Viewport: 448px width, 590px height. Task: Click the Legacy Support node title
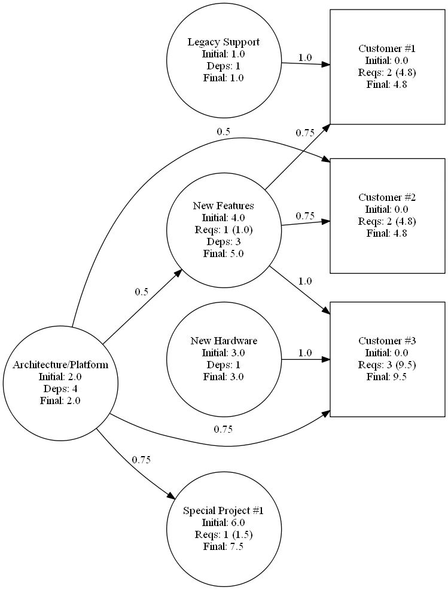224,42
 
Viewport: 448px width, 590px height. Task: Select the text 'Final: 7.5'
224,546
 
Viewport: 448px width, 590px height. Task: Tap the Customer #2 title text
387,197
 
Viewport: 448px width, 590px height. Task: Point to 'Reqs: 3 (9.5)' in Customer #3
387,365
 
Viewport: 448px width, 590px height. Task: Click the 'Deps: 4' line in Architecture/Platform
60,389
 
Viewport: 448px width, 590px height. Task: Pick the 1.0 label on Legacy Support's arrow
305,57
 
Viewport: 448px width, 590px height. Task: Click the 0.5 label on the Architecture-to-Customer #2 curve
223,132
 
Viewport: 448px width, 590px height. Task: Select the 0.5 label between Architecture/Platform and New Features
142,292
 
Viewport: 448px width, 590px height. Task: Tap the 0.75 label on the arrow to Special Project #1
141,460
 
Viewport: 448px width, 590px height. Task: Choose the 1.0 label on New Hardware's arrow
305,353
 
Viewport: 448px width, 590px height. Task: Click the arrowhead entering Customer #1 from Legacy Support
325,65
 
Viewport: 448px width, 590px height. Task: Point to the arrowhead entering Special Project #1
171,496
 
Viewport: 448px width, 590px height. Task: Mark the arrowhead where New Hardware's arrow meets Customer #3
325,360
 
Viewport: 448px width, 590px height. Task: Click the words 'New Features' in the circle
224,206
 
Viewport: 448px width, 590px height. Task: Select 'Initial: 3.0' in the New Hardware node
224,353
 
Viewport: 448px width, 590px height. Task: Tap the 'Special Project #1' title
224,510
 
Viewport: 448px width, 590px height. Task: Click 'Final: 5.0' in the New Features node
224,253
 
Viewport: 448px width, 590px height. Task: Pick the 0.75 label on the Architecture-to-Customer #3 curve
223,429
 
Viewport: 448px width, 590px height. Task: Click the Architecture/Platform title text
60,365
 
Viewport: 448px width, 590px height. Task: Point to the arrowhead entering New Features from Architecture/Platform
178,273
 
